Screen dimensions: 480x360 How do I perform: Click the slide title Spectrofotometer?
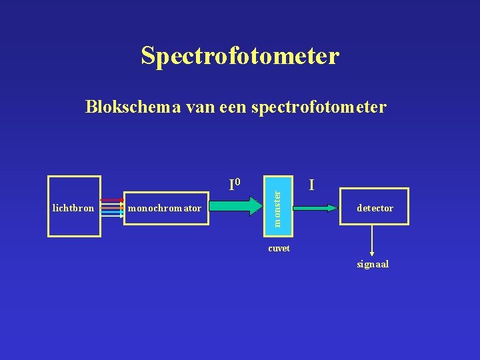240,56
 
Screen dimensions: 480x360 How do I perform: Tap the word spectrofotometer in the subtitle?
321,107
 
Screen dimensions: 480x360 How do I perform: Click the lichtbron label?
73,208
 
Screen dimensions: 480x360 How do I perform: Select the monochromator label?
165,209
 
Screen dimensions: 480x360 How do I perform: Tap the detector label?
375,209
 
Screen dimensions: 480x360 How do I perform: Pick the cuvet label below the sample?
279,248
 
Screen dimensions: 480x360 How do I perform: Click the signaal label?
373,264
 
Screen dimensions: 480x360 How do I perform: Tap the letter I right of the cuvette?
312,184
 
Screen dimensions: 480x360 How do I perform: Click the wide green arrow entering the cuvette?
240,207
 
